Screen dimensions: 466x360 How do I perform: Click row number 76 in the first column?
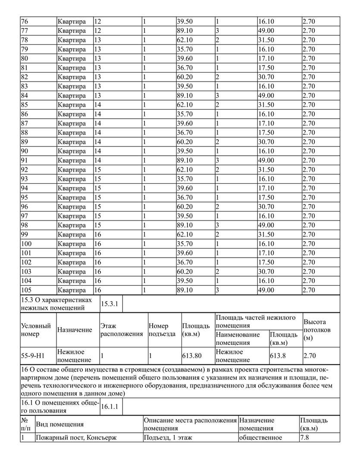[x=24, y=21]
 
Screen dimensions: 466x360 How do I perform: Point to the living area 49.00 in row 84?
[x=266, y=95]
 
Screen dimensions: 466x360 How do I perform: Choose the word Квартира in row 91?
[x=72, y=161]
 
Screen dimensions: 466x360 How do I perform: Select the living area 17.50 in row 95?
[x=266, y=198]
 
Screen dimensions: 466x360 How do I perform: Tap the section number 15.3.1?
[x=110, y=304]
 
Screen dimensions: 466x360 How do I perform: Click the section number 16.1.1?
[x=110, y=406]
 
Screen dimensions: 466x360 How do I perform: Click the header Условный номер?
[x=36, y=330]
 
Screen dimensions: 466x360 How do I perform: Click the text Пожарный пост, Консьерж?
[x=77, y=438]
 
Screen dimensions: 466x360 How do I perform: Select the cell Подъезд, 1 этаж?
[x=168, y=438]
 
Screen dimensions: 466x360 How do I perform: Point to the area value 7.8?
[x=304, y=438]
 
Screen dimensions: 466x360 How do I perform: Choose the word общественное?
[x=261, y=438]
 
